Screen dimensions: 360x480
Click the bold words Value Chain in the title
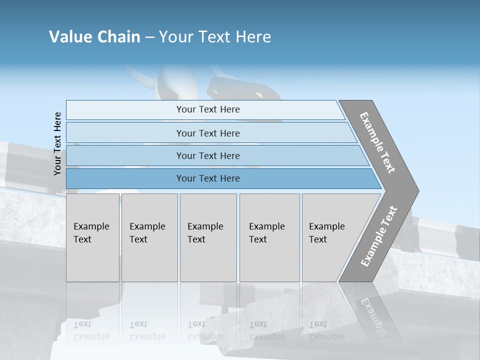[94, 37]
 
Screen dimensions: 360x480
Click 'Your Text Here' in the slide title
[215, 37]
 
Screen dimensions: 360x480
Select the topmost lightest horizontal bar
[205, 109]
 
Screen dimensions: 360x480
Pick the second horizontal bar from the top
[210, 133]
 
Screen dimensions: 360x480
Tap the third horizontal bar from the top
[215, 155]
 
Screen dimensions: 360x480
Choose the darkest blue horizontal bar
[220, 178]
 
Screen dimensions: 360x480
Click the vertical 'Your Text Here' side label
[57, 143]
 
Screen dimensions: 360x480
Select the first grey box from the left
[92, 237]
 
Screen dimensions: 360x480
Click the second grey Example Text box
[149, 237]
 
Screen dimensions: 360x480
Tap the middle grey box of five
[208, 237]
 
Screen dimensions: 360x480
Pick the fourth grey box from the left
[269, 237]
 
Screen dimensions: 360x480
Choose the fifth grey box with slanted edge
[332, 237]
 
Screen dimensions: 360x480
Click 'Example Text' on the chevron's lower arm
[379, 236]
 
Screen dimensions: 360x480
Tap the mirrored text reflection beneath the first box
[91, 330]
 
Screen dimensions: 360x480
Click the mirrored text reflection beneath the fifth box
[327, 330]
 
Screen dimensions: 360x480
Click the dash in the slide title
[149, 37]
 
